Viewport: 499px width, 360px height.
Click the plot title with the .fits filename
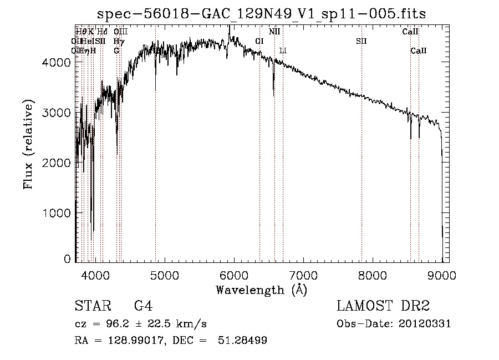(x=262, y=14)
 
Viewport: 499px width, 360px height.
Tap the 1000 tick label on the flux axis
(x=57, y=213)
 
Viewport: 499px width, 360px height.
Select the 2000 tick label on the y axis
(x=57, y=163)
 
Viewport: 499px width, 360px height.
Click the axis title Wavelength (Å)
(x=261, y=290)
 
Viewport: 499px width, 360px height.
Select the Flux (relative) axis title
(x=28, y=144)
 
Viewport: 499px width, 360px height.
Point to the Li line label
(x=283, y=50)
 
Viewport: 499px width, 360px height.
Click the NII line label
(x=274, y=32)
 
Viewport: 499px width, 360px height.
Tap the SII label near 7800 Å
(x=361, y=41)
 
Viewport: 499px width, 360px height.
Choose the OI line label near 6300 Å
(x=259, y=41)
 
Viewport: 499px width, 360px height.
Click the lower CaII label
(x=419, y=50)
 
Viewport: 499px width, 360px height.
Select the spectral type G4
(x=143, y=306)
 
